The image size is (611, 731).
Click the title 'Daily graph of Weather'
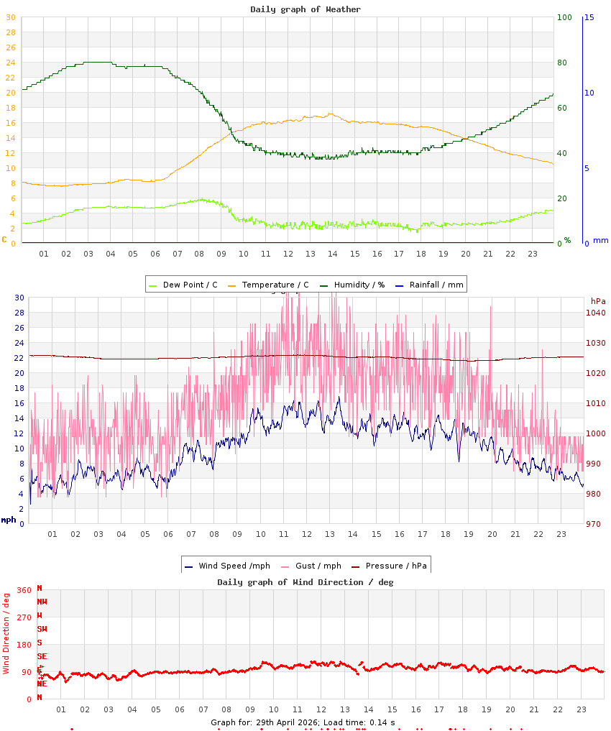pyautogui.click(x=305, y=9)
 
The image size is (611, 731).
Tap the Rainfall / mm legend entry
pyautogui.click(x=436, y=285)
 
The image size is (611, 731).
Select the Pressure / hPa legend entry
pyautogui.click(x=395, y=566)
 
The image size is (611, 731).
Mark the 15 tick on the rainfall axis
pyautogui.click(x=589, y=17)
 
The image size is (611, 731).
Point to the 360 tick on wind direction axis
pyautogui.click(x=24, y=590)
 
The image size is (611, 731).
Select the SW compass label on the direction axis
pyautogui.click(x=42, y=629)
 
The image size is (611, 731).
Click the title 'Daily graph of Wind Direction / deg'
pyautogui.click(x=305, y=582)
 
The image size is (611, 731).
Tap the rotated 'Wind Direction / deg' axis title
pyautogui.click(x=6, y=633)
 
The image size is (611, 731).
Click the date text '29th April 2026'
pyautogui.click(x=288, y=722)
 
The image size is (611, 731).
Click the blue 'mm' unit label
pyautogui.click(x=600, y=240)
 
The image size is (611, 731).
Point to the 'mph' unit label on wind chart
pyautogui.click(x=9, y=520)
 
